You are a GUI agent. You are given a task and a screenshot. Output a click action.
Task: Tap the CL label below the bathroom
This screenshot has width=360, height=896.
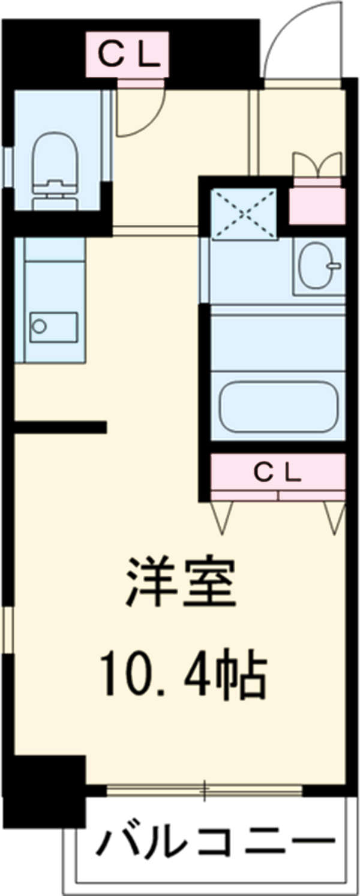(277, 473)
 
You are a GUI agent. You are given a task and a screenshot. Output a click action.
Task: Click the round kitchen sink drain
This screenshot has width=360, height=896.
(40, 326)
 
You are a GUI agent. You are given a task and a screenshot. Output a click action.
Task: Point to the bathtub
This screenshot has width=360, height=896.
(278, 406)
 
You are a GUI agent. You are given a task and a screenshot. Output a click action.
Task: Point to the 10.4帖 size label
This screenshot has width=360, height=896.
(183, 676)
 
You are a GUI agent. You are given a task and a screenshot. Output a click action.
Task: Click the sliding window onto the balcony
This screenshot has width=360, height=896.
(204, 790)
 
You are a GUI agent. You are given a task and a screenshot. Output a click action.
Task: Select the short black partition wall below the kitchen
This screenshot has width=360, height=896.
(60, 427)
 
